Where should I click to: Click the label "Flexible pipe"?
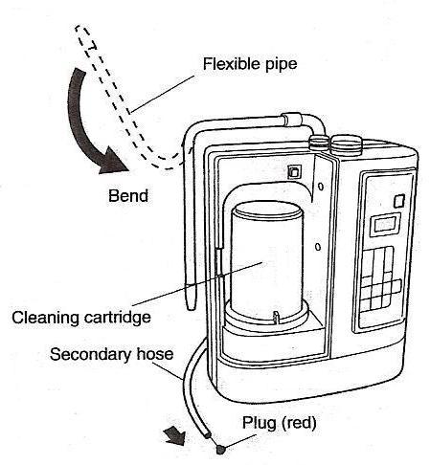pos(250,64)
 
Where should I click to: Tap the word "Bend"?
pos(128,195)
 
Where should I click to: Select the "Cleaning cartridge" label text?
pos(81,318)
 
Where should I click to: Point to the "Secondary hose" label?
pos(111,354)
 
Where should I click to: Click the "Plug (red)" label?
pos(279,423)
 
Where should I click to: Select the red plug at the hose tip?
pos(220,450)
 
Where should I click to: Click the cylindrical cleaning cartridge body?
pos(266,261)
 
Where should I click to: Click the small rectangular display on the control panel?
pos(384,225)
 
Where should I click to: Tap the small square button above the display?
pos(399,201)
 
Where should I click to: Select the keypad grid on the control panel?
pos(380,279)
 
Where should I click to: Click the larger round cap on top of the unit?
pos(346,143)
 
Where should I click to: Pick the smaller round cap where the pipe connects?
pos(319,142)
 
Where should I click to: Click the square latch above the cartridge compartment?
pos(293,172)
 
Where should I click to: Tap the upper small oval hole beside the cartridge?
pos(321,187)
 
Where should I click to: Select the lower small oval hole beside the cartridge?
pos(318,247)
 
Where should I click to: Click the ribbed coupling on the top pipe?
pos(292,120)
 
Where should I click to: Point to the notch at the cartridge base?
pos(275,317)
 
